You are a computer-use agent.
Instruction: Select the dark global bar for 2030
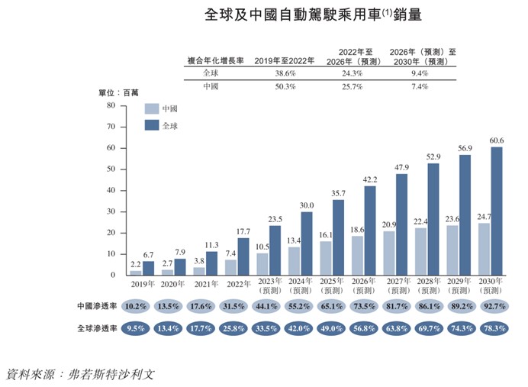pos(496,211)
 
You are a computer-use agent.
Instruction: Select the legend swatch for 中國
pos(151,108)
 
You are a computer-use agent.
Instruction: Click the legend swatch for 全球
pos(151,126)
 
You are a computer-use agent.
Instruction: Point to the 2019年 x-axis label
pos(141,283)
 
